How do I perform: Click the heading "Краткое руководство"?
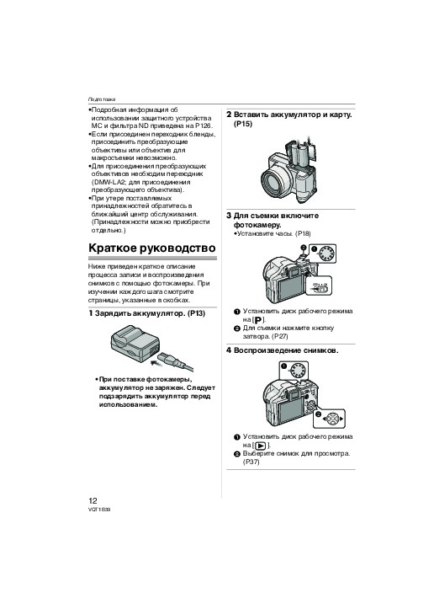(152, 248)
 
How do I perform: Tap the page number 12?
(93, 500)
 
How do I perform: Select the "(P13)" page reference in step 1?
(196, 313)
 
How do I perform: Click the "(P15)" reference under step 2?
(243, 124)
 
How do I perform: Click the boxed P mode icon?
(259, 320)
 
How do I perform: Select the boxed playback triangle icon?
(262, 446)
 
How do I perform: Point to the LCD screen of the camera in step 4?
(291, 409)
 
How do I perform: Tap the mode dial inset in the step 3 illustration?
(323, 254)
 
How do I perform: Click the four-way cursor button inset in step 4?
(330, 419)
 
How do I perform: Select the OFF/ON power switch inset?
(320, 288)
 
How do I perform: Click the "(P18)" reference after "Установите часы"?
(303, 233)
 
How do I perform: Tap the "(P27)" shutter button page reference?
(279, 336)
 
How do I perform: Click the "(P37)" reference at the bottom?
(251, 462)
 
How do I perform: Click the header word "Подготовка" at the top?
(102, 99)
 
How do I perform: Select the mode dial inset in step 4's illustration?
(295, 370)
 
